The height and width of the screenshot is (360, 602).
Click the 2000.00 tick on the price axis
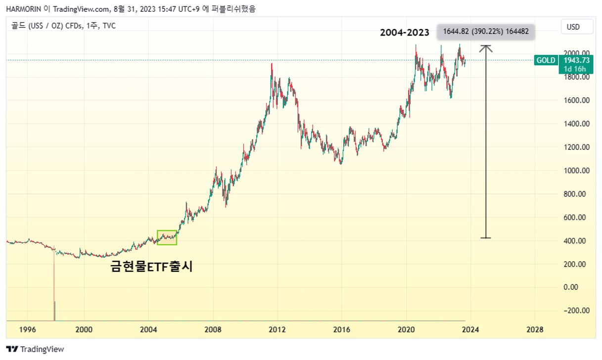coord(577,53)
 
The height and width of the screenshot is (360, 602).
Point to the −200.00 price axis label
coord(576,311)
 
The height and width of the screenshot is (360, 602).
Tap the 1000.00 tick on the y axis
coord(577,171)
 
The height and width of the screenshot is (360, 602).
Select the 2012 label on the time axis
coord(278,329)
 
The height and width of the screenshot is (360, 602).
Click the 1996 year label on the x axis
coord(27,329)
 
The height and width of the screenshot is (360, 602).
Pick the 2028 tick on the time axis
coord(535,329)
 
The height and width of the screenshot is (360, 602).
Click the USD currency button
coord(573,27)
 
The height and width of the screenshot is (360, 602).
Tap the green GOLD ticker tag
coord(546,60)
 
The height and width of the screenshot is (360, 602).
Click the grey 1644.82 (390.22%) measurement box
coord(486,32)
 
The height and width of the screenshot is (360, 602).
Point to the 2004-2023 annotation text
coord(405,33)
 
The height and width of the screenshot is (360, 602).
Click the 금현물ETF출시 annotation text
coord(151,267)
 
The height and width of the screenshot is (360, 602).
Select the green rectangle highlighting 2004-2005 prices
coord(167,237)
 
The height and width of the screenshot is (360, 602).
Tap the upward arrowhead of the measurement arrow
coord(486,47)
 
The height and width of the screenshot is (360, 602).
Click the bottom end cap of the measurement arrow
coord(486,238)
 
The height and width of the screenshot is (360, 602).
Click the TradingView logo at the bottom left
coord(35,349)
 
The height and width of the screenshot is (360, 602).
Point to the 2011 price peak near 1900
coord(272,64)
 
